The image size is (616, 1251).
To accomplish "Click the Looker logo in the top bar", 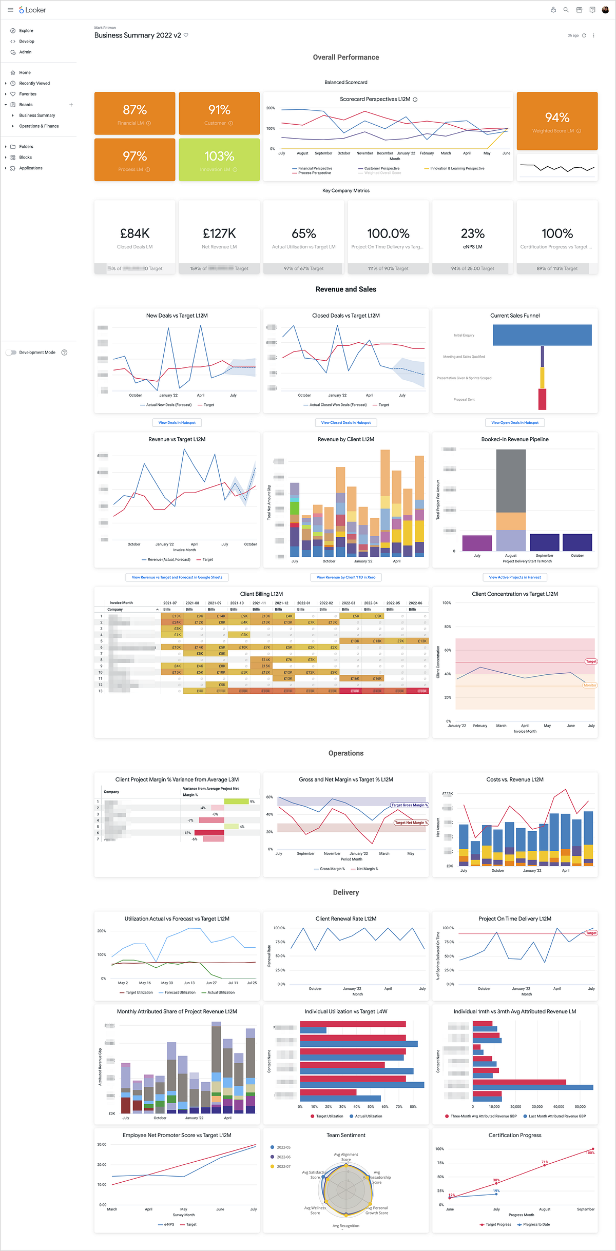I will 32,10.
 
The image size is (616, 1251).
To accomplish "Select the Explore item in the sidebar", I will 26,31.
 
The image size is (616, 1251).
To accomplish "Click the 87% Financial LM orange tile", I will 134,113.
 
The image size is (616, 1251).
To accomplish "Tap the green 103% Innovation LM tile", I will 219,160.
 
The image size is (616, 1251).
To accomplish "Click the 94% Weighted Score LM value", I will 557,118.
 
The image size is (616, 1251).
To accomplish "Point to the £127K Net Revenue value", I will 219,234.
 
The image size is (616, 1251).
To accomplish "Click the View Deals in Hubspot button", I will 177,423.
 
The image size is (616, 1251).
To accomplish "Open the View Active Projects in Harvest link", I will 514,577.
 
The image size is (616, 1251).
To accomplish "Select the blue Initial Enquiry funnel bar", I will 542,335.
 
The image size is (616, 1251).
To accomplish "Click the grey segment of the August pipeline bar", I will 511,481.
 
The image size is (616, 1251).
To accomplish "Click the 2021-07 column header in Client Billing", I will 170,603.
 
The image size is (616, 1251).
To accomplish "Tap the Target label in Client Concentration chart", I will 591,661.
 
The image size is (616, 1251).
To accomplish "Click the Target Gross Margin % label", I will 409,805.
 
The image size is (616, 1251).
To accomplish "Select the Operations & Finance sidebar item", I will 39,126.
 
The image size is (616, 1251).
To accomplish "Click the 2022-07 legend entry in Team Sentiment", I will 283,1166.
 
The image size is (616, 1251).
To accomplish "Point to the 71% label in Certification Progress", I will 545,1162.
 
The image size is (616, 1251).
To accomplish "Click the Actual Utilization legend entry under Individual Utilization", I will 368,1116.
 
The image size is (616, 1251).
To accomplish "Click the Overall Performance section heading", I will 346,57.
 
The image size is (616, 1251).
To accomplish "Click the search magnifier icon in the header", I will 566,10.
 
